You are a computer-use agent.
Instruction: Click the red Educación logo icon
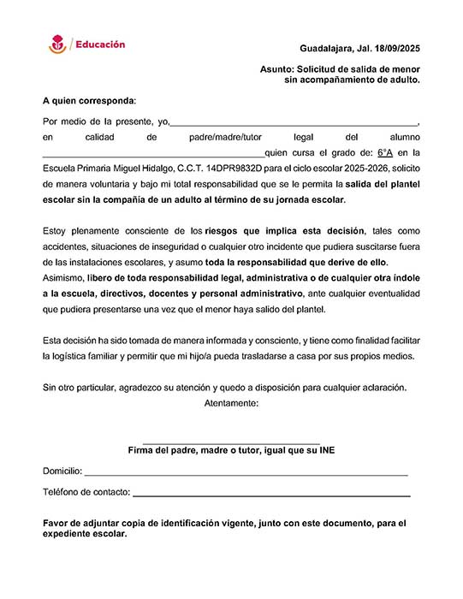(57, 44)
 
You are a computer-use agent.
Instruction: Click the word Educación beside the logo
(100, 44)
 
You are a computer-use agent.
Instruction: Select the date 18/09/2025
(396, 49)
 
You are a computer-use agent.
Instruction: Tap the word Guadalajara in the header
(327, 49)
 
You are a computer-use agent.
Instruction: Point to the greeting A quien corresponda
(88, 100)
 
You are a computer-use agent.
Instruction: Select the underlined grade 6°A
(384, 152)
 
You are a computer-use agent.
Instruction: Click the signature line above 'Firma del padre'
(231, 442)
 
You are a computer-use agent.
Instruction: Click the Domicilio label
(62, 471)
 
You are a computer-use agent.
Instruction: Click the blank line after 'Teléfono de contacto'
(271, 495)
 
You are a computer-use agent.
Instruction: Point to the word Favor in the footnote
(56, 522)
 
